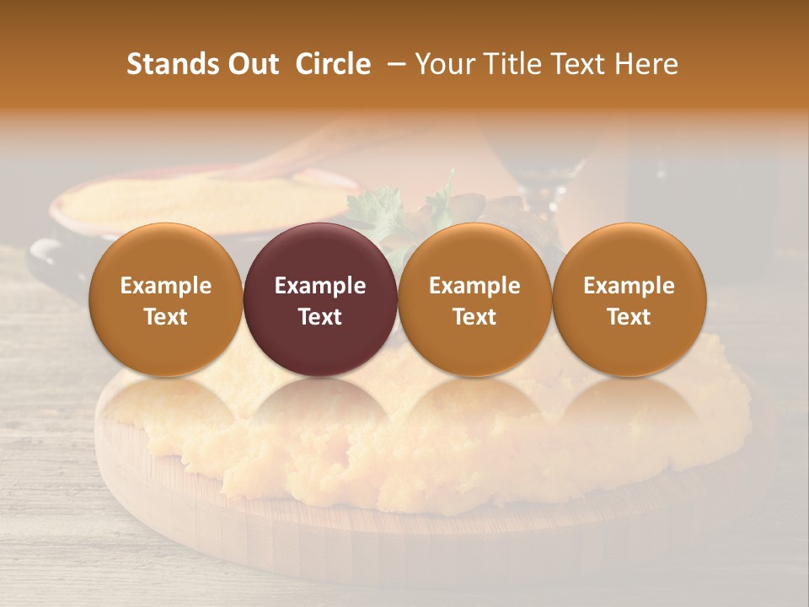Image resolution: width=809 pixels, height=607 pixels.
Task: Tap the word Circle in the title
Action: pos(332,64)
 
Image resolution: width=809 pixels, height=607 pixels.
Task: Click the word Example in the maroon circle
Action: pos(320,286)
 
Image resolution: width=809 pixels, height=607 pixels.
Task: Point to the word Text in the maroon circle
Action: pos(320,317)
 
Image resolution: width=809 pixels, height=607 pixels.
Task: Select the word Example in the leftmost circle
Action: pos(166,286)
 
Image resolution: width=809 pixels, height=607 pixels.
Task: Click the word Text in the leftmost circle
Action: pos(166,317)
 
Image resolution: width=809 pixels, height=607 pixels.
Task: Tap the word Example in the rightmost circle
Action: pos(630,286)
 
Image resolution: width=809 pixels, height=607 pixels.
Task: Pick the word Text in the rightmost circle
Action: pos(630,317)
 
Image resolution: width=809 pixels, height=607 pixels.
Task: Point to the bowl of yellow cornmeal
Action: pos(194,202)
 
